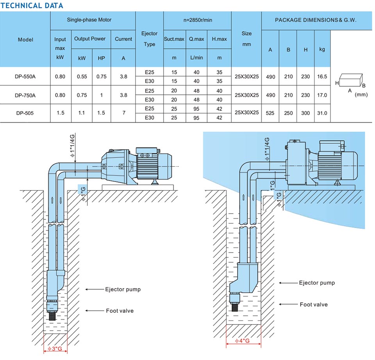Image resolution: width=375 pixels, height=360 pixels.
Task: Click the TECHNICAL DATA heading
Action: click(32, 5)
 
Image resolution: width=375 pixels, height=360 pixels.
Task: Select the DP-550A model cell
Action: click(25, 77)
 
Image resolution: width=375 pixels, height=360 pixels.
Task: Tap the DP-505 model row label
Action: click(25, 113)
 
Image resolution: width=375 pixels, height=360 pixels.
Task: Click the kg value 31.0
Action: click(322, 113)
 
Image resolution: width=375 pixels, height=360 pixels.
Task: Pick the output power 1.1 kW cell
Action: click(82, 113)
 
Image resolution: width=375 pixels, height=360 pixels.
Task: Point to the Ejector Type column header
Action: click(150, 39)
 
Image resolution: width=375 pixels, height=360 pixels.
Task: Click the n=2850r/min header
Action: click(198, 20)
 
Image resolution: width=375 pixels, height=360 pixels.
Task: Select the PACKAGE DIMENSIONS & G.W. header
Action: click(316, 20)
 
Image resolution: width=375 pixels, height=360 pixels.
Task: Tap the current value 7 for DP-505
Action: click(124, 113)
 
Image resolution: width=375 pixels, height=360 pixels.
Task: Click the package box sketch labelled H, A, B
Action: click(351, 80)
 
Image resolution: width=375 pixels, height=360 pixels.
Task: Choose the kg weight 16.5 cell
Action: click(322, 77)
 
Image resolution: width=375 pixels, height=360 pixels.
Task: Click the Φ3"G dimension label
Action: click(55, 349)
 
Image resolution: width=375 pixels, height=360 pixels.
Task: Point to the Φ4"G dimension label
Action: click(242, 340)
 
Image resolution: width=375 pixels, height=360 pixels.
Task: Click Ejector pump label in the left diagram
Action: click(123, 289)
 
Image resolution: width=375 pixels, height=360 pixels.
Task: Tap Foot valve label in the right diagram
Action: click(314, 304)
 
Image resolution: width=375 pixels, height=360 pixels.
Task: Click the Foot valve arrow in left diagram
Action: click(94, 311)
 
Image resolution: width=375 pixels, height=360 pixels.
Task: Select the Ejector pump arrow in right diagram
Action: click(288, 283)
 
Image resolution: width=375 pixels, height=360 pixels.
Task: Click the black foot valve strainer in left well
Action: click(52, 316)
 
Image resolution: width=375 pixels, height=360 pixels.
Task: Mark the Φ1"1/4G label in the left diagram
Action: click(72, 145)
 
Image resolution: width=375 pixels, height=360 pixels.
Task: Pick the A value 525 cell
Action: click(270, 113)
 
